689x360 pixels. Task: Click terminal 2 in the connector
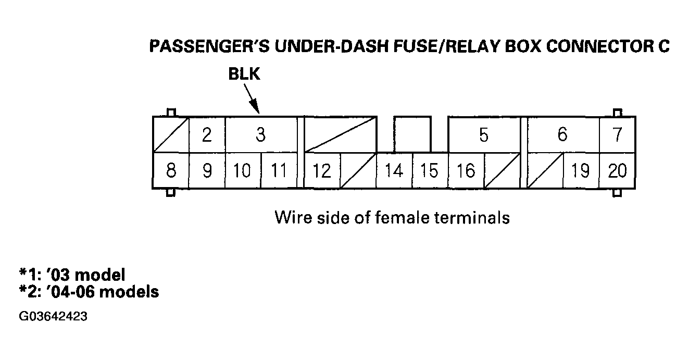[207, 135]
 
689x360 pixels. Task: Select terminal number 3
[260, 135]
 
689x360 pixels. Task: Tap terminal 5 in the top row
[484, 135]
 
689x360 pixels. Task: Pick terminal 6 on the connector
[562, 135]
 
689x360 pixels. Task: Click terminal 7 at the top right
[617, 135]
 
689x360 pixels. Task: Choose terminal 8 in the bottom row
[171, 171]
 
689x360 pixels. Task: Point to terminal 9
[207, 171]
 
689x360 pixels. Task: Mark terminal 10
[243, 171]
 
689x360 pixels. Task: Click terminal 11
[279, 171]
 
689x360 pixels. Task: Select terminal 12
[322, 171]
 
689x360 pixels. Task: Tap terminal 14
[394, 171]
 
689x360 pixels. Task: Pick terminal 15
[430, 171]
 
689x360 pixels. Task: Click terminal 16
[466, 171]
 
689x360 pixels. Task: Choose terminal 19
[581, 171]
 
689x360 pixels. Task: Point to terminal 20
[617, 171]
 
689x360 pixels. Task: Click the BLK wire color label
[244, 75]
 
